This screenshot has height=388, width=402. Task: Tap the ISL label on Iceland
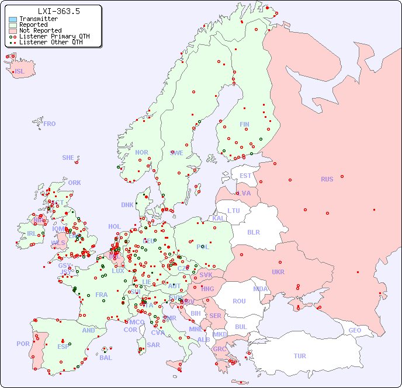[19, 72]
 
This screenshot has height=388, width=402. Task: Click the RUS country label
[327, 179]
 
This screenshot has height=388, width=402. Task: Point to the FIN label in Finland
[244, 124]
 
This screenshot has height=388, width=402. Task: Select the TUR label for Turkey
[300, 356]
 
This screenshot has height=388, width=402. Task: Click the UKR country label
[278, 272]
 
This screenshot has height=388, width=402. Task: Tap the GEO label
[355, 330]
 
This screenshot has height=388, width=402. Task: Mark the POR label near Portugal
[23, 344]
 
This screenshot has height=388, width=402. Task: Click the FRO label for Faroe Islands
[50, 124]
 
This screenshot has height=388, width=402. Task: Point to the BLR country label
[253, 232]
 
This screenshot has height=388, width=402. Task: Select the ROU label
[239, 301]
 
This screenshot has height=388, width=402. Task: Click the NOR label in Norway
[141, 152]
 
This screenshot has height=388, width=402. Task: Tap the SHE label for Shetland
[68, 158]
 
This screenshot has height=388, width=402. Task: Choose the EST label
[245, 176]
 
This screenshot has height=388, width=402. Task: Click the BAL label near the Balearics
[105, 358]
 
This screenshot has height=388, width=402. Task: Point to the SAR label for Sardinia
[153, 345]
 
